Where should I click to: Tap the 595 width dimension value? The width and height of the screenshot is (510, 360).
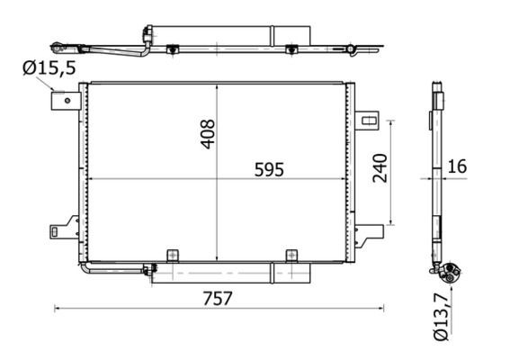point(267,168)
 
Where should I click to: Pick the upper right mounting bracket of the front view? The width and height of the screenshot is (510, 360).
point(368,120)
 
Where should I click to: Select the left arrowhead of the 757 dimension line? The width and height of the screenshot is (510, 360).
point(58,309)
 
